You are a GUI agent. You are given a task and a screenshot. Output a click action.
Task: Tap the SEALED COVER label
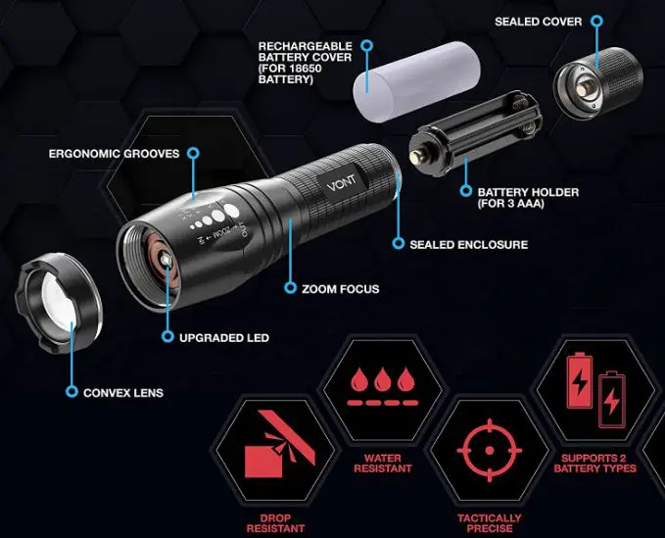tap(538, 22)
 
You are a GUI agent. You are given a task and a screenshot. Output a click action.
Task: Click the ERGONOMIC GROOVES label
tap(113, 154)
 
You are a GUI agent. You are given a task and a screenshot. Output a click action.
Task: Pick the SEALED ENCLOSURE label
tap(469, 244)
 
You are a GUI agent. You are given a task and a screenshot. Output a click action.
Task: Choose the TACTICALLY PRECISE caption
tap(490, 523)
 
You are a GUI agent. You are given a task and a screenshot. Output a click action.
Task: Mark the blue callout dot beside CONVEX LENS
tap(71, 392)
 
